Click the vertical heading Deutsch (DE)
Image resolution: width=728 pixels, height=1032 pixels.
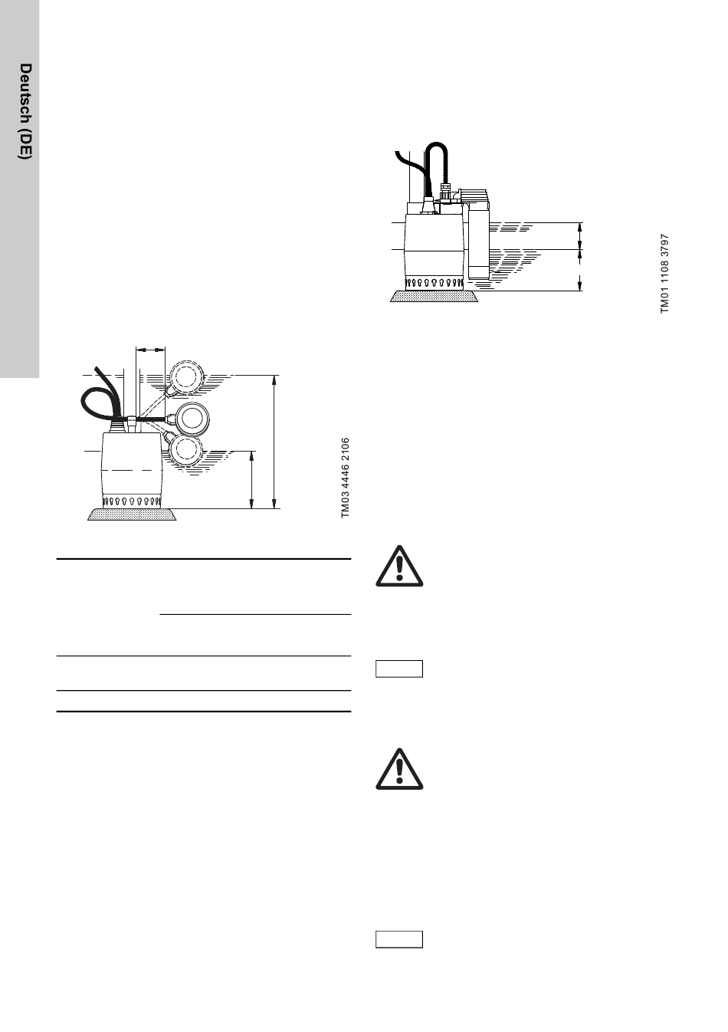tap(25, 111)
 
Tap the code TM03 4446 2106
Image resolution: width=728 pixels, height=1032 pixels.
tap(346, 478)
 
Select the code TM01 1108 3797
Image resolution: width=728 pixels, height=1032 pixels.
tap(665, 274)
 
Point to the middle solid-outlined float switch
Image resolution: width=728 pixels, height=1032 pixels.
tap(192, 418)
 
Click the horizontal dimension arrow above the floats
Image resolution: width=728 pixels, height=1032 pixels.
tap(149, 350)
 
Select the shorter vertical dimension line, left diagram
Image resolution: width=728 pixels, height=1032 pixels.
tap(252, 479)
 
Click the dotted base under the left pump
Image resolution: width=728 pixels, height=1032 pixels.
tap(133, 514)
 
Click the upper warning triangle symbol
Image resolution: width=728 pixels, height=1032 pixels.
tap(398, 567)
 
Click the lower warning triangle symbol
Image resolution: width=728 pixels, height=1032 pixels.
tap(398, 769)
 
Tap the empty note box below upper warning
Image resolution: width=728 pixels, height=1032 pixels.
tap(399, 669)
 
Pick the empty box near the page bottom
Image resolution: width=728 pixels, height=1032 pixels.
tap(399, 939)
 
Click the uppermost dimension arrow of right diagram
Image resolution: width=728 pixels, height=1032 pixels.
tap(580, 235)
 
